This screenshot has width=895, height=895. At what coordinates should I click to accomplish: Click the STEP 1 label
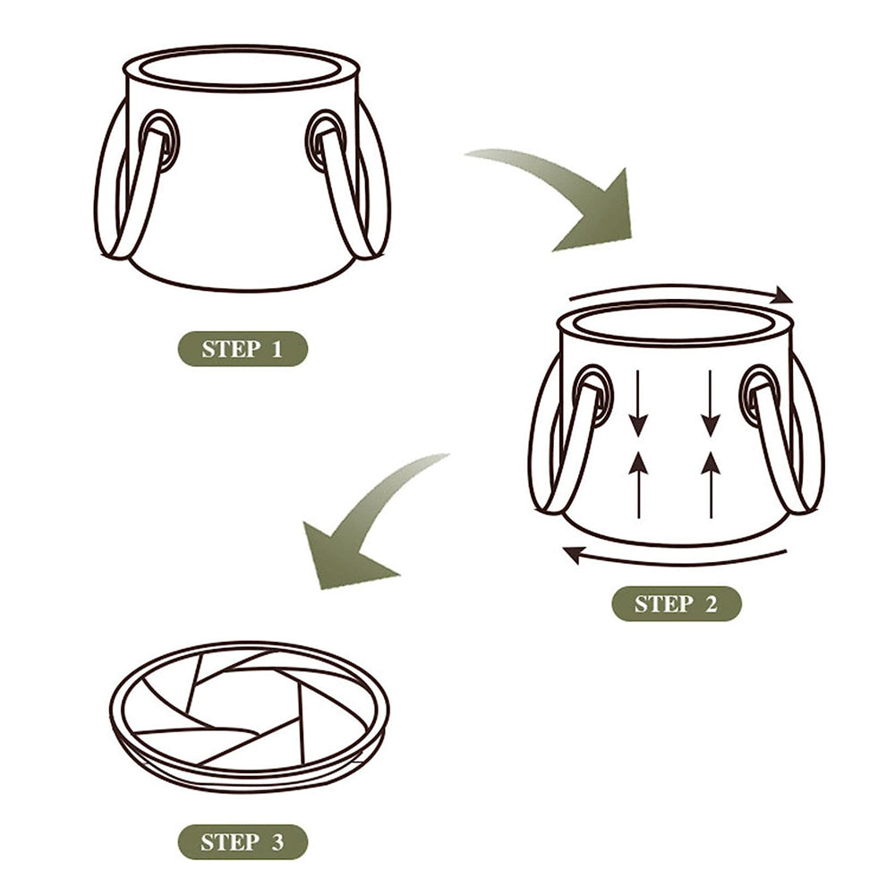(x=242, y=348)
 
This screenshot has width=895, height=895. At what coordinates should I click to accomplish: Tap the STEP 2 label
(x=676, y=604)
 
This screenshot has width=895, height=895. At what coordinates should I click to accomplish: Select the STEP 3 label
(x=242, y=842)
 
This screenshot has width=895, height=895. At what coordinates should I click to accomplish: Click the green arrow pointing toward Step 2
(x=573, y=197)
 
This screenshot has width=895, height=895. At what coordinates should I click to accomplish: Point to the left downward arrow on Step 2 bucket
(x=639, y=403)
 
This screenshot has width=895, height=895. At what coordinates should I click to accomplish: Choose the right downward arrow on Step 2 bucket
(x=710, y=403)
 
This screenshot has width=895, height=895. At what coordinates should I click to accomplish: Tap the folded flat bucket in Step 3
(x=249, y=716)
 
